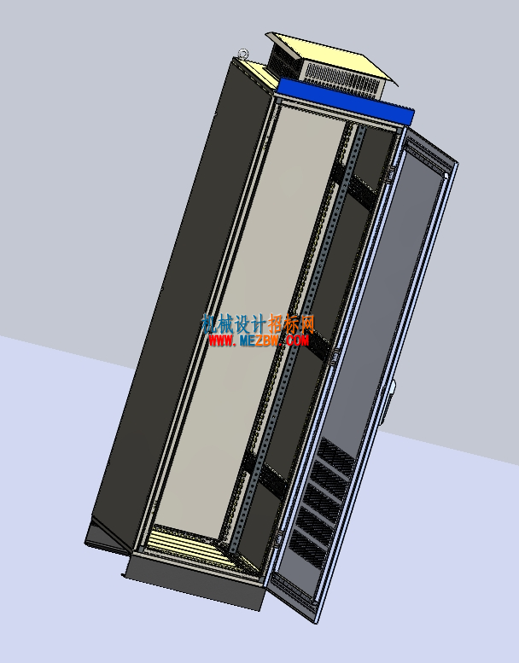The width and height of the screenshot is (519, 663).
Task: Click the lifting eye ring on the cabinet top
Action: [243, 54]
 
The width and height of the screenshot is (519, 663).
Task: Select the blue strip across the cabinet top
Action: [346, 101]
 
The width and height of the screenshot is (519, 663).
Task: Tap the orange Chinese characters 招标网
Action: [292, 324]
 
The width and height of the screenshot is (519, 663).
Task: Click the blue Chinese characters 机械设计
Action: [234, 324]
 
